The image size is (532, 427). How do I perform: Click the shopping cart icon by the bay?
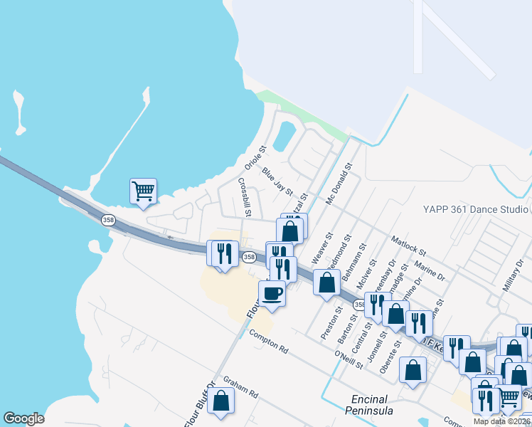(143, 191)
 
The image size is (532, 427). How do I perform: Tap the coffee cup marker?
(272, 292)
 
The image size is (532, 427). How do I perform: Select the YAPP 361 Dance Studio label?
(474, 209)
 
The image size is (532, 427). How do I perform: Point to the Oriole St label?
(255, 158)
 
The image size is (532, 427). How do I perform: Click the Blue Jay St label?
(277, 181)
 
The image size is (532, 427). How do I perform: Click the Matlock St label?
(408, 246)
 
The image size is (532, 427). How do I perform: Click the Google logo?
(23, 418)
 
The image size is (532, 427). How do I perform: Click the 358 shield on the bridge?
(108, 220)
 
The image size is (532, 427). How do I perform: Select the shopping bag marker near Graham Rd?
(221, 401)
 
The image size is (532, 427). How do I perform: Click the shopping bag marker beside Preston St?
(326, 282)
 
